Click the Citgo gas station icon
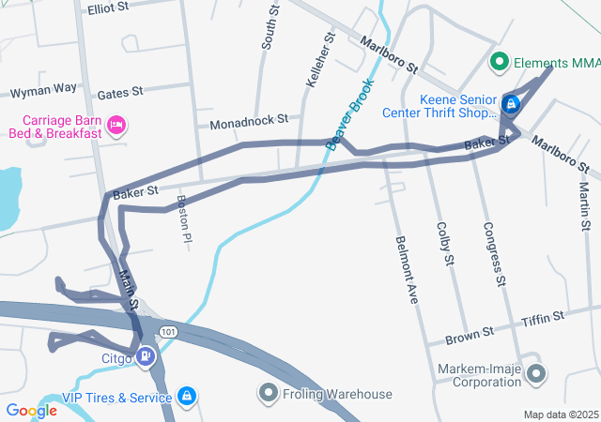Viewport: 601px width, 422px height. click(x=146, y=356)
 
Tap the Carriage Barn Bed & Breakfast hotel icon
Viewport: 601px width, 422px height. click(x=116, y=125)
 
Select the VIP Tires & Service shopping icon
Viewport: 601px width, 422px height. click(x=188, y=397)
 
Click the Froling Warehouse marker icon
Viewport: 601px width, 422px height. click(x=269, y=393)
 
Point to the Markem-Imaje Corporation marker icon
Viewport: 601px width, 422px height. click(x=536, y=375)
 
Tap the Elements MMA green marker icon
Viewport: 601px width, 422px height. click(x=500, y=64)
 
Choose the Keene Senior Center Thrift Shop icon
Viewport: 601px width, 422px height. click(x=511, y=103)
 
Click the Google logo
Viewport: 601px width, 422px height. click(x=31, y=411)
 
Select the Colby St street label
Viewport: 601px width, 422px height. click(x=446, y=244)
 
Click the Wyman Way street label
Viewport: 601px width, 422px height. click(x=42, y=90)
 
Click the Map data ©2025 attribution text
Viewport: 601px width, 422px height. click(x=560, y=414)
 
